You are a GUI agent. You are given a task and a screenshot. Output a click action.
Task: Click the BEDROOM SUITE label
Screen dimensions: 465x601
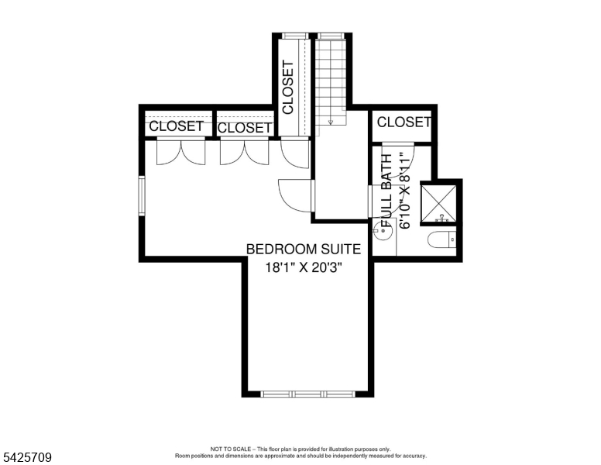coord(304,249)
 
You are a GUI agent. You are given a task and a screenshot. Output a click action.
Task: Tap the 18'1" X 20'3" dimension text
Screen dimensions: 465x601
coord(304,267)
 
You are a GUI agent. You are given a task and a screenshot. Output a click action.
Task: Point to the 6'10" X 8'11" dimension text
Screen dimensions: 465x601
coord(404,190)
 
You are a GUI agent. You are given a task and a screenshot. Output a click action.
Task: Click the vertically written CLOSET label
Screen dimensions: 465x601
coord(288,88)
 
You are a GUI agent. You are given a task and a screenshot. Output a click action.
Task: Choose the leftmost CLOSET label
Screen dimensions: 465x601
coord(176,126)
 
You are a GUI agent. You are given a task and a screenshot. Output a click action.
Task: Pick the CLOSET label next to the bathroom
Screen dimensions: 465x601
coord(404,122)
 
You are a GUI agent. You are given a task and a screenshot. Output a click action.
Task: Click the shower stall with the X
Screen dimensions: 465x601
coord(440,201)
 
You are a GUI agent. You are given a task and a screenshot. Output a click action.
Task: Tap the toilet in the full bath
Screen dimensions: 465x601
coord(443,241)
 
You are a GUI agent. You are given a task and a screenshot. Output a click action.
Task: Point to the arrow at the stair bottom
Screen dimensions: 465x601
coord(331,120)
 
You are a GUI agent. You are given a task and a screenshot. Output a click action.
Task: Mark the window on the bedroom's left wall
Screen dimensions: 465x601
coord(142,196)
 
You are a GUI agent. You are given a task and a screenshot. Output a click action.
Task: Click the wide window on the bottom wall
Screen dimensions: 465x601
coord(307,394)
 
